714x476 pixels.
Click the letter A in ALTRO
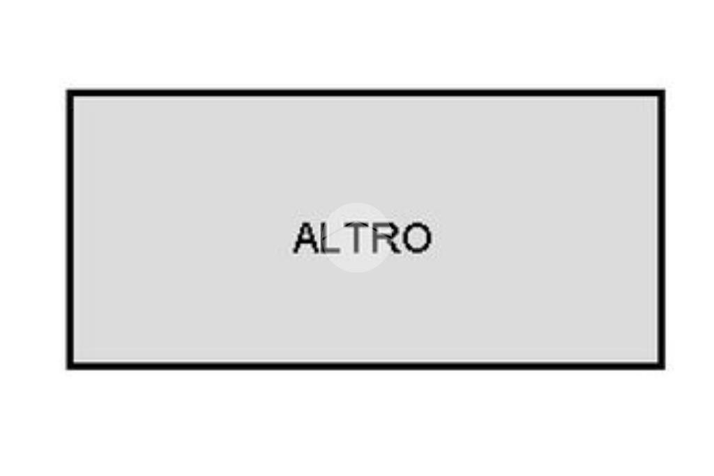point(307,238)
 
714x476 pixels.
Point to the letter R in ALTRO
point(386,238)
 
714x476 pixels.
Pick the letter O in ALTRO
point(416,238)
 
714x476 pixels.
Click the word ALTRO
point(362,238)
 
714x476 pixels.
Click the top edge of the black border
point(365,93)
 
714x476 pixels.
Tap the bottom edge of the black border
point(365,367)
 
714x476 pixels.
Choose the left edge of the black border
point(70,229)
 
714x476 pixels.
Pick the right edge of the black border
point(662,229)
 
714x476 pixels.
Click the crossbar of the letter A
point(307,244)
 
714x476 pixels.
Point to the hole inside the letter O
point(416,238)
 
